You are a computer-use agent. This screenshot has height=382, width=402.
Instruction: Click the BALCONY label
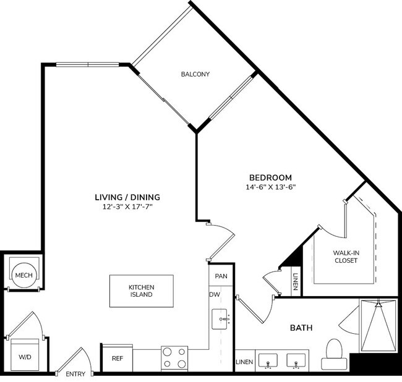(195, 74)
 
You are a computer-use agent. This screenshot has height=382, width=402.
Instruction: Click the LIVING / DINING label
(127, 197)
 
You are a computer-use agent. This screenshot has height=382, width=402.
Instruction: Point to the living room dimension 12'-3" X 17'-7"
(127, 207)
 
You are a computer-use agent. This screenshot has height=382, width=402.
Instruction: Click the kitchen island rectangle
(141, 291)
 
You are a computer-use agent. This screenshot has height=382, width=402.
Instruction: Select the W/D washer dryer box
(25, 356)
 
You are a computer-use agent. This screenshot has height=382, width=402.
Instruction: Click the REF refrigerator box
(117, 358)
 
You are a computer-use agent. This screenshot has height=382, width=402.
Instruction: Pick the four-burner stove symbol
(174, 357)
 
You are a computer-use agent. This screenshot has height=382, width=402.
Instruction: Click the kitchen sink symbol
(221, 320)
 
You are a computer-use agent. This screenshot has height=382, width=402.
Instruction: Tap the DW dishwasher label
(215, 294)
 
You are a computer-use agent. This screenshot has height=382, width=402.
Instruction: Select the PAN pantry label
(221, 275)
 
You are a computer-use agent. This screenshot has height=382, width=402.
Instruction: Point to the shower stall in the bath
(377, 326)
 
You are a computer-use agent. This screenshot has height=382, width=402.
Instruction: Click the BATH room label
(301, 328)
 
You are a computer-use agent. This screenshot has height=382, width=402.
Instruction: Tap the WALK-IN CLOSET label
(345, 256)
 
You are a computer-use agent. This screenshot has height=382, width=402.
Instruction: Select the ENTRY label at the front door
(75, 374)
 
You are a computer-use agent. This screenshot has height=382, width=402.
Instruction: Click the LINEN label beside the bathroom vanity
(243, 362)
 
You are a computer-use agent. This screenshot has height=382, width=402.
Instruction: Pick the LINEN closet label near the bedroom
(296, 281)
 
